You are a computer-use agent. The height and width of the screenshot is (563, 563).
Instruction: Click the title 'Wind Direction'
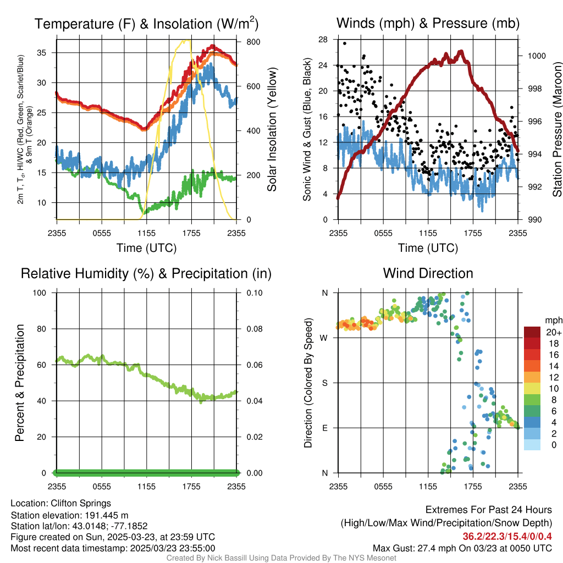[428, 273]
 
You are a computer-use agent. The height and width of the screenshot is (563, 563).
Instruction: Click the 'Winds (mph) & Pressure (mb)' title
[428, 24]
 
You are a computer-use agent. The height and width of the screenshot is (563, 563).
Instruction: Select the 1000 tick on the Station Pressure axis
[536, 56]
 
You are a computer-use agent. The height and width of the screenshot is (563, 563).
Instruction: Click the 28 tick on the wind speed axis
[323, 39]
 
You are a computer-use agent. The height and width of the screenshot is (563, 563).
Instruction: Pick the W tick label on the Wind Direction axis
[324, 338]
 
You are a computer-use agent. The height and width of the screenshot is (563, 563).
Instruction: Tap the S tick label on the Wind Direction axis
[324, 383]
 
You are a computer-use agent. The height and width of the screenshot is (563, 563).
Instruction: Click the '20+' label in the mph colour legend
[554, 332]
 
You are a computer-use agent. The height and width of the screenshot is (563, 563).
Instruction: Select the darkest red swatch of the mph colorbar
[532, 332]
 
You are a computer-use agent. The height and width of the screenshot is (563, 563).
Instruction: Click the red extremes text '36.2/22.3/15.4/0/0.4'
[506, 537]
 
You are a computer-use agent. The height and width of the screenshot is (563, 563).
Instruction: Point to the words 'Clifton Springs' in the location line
[81, 503]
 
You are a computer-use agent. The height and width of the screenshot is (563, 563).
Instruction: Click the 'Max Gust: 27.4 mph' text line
[462, 548]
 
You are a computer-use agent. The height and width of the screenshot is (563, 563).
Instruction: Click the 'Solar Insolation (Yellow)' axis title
[272, 130]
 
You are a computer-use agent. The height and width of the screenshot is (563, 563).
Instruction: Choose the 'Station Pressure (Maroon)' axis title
[557, 130]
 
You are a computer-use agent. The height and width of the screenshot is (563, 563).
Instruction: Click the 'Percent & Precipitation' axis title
[19, 383]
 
